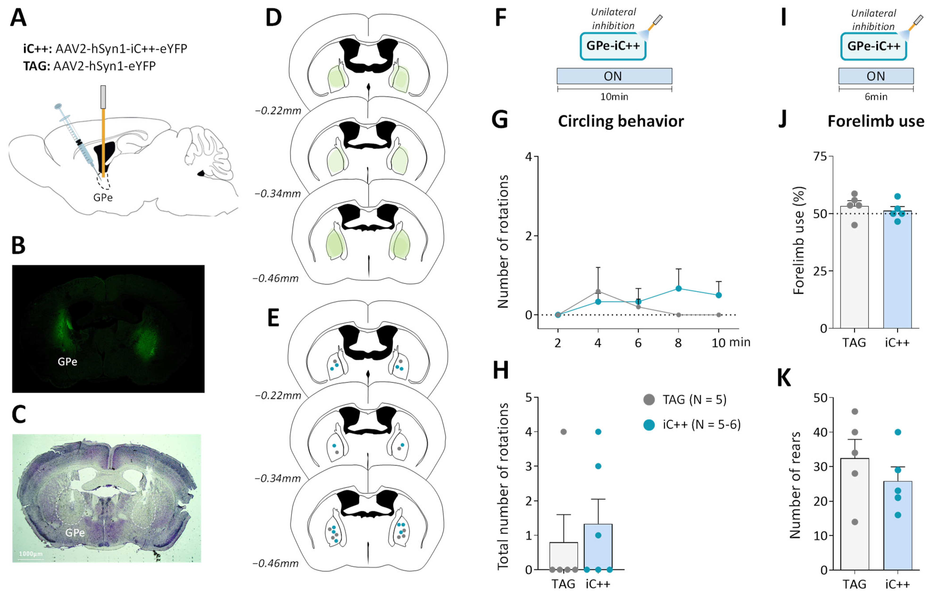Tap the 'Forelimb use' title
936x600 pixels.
point(876,121)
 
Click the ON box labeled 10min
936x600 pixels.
point(614,76)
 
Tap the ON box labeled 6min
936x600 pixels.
point(876,76)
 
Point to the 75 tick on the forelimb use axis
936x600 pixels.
point(820,156)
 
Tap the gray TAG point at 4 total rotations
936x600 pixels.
point(563,432)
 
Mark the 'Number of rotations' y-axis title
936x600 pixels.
point(503,242)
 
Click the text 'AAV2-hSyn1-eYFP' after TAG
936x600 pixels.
point(104,66)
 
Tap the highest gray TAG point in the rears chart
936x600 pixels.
point(855,411)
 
